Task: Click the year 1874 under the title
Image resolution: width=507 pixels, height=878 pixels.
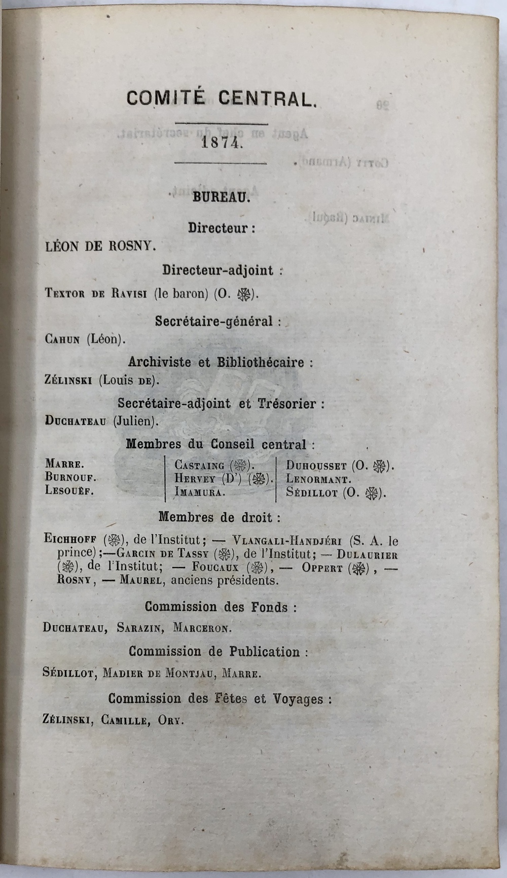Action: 220,143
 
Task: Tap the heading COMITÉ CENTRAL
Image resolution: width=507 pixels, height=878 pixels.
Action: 222,98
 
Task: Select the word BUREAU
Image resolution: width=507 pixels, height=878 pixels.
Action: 221,198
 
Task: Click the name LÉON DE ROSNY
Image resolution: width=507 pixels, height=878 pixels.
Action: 100,247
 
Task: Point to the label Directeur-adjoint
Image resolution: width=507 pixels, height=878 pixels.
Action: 218,270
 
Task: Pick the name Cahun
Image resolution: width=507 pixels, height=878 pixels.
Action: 62,339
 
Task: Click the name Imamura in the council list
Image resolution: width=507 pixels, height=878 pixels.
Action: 199,491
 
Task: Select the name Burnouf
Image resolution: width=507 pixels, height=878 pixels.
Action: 70,477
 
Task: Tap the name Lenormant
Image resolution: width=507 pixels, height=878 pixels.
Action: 318,478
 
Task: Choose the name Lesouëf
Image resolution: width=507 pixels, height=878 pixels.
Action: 69,491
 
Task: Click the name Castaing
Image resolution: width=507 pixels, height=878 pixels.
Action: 199,465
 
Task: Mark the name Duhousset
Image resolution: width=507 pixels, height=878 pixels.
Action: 316,465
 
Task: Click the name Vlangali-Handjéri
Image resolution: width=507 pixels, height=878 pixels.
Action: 287,541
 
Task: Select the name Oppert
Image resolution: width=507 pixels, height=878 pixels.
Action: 322,568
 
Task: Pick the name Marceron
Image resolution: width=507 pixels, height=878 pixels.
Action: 202,628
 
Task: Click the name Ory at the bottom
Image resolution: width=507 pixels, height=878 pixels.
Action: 170,720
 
